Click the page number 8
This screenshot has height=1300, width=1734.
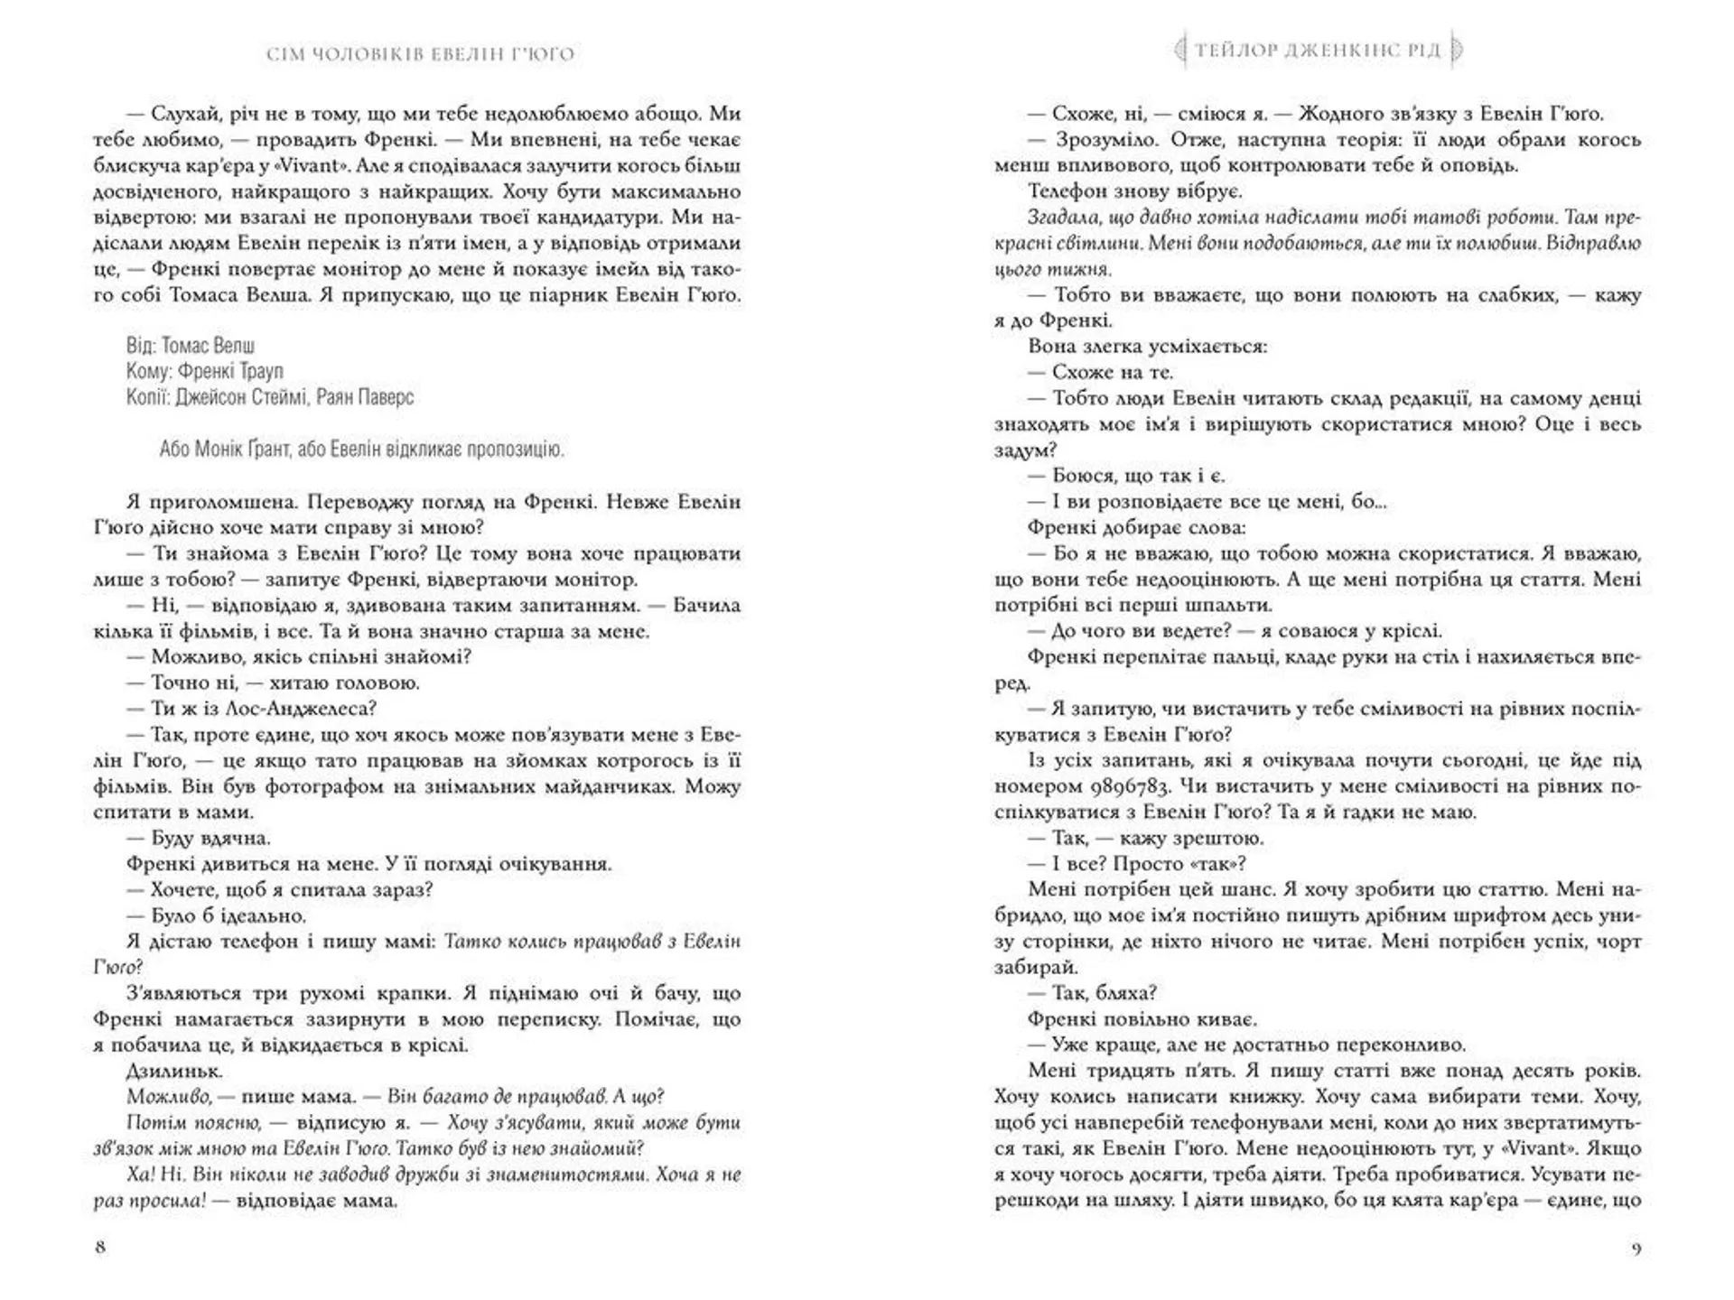click(x=100, y=1247)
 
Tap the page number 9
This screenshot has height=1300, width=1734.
click(x=1636, y=1249)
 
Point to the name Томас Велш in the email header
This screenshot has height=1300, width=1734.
click(x=208, y=346)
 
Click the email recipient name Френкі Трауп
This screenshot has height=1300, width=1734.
click(x=230, y=371)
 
